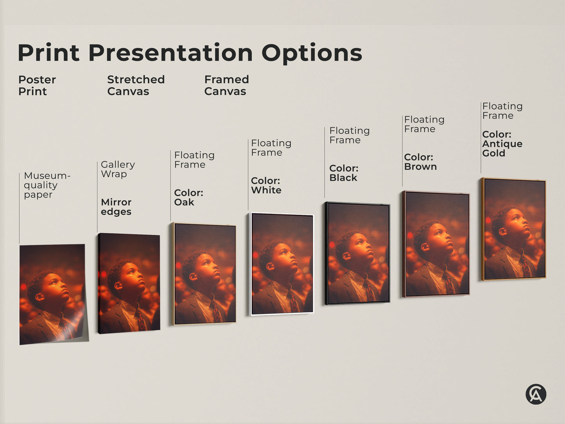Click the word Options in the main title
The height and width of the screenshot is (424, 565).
312,53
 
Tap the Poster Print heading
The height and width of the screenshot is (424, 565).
37,86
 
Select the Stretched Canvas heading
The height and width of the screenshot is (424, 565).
136,86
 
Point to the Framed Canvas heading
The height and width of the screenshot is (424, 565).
226,86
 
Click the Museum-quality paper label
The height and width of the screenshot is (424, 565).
47,185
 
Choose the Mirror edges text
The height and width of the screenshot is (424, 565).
116,207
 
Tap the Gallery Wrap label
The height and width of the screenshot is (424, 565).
118,169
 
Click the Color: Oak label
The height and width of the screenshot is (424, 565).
188,198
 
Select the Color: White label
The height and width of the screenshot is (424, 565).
266,185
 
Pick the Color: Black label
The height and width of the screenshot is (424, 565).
344,173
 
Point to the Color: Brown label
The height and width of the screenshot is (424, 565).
420,162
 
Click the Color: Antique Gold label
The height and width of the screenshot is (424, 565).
502,144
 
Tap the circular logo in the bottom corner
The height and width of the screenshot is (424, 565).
536,394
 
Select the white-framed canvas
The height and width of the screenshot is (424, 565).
282,264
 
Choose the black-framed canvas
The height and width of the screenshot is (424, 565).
357,253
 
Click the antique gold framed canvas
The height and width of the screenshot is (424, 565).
514,229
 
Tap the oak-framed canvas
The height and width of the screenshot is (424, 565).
204,274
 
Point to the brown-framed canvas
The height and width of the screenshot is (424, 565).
436,243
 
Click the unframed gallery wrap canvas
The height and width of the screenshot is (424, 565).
129,283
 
